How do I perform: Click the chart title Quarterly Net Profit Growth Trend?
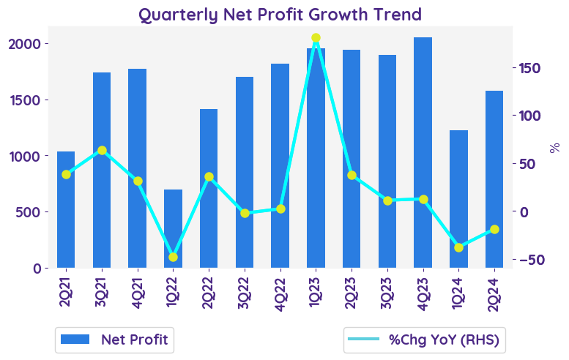[x=280, y=15]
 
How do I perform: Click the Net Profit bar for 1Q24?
[x=458, y=199]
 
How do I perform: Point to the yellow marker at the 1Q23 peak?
[x=316, y=38]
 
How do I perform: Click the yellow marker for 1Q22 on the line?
[x=173, y=257]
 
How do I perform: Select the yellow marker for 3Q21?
[x=102, y=151]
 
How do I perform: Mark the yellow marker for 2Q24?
[x=494, y=229]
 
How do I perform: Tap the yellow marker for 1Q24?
[x=458, y=247]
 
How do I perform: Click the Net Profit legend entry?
[x=114, y=340]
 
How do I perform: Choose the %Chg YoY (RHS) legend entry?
[x=426, y=340]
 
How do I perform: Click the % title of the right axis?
[x=554, y=147]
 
